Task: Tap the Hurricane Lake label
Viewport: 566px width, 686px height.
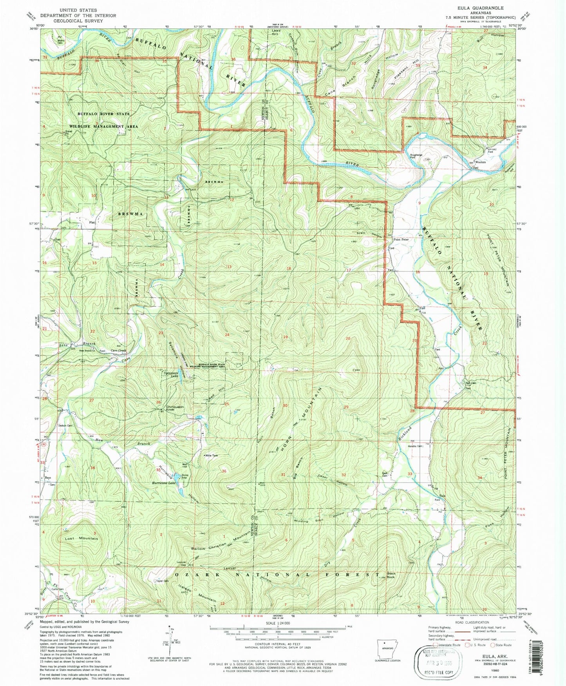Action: click(x=164, y=483)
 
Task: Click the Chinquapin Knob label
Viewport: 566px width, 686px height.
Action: click(x=175, y=408)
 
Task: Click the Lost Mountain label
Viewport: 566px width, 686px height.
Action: click(x=81, y=539)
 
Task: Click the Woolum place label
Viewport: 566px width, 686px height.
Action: click(x=480, y=162)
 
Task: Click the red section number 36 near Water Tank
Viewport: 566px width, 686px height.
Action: click(x=224, y=471)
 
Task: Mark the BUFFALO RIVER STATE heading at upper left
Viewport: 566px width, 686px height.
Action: click(x=103, y=114)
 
